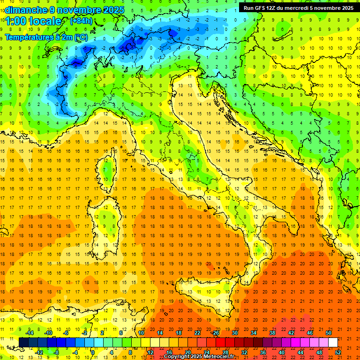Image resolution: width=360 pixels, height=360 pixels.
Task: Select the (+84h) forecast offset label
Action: point(81,22)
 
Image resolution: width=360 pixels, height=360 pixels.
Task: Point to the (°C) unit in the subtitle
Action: point(80,37)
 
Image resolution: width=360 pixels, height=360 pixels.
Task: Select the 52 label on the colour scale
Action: point(338,352)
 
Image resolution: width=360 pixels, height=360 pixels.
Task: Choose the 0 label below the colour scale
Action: point(93,352)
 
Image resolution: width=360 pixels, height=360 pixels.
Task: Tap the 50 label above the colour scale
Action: point(329,333)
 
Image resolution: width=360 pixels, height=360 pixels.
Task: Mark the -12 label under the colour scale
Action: point(39,352)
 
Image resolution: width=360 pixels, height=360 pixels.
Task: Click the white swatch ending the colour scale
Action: point(333,342)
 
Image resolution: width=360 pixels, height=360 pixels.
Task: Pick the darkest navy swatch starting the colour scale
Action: point(23,342)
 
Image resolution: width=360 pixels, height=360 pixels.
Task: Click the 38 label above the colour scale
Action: point(272,333)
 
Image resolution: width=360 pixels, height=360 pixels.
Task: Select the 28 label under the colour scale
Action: point(225,352)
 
